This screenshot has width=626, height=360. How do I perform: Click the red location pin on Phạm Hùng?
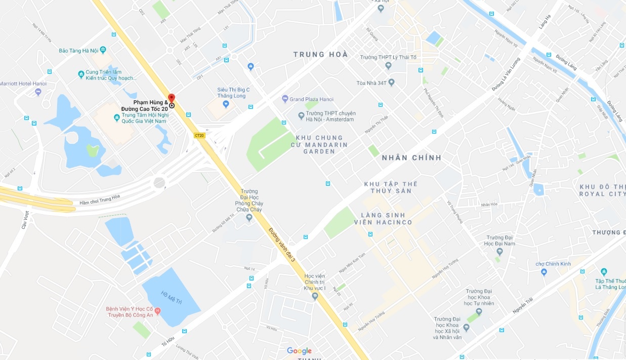click(172, 98)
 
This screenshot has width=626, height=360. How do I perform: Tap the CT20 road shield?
click(199, 135)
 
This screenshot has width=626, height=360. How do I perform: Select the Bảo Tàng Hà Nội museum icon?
click(103, 50)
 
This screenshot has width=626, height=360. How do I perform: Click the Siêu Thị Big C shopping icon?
click(226, 104)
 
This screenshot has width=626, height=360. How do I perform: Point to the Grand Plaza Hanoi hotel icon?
click(285, 99)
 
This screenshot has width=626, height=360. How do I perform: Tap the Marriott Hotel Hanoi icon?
click(38, 92)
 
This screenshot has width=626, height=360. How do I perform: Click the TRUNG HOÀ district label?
click(321, 54)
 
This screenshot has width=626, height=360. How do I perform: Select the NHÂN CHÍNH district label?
click(411, 157)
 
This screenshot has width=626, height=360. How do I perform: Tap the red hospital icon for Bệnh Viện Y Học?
click(157, 310)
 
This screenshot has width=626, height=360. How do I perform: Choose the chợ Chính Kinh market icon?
click(544, 272)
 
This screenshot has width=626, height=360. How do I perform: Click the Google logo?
click(299, 350)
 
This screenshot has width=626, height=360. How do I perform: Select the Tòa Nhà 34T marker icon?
click(391, 82)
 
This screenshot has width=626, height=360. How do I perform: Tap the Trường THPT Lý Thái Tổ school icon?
click(388, 65)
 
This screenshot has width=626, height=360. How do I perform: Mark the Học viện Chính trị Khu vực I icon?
click(315, 296)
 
